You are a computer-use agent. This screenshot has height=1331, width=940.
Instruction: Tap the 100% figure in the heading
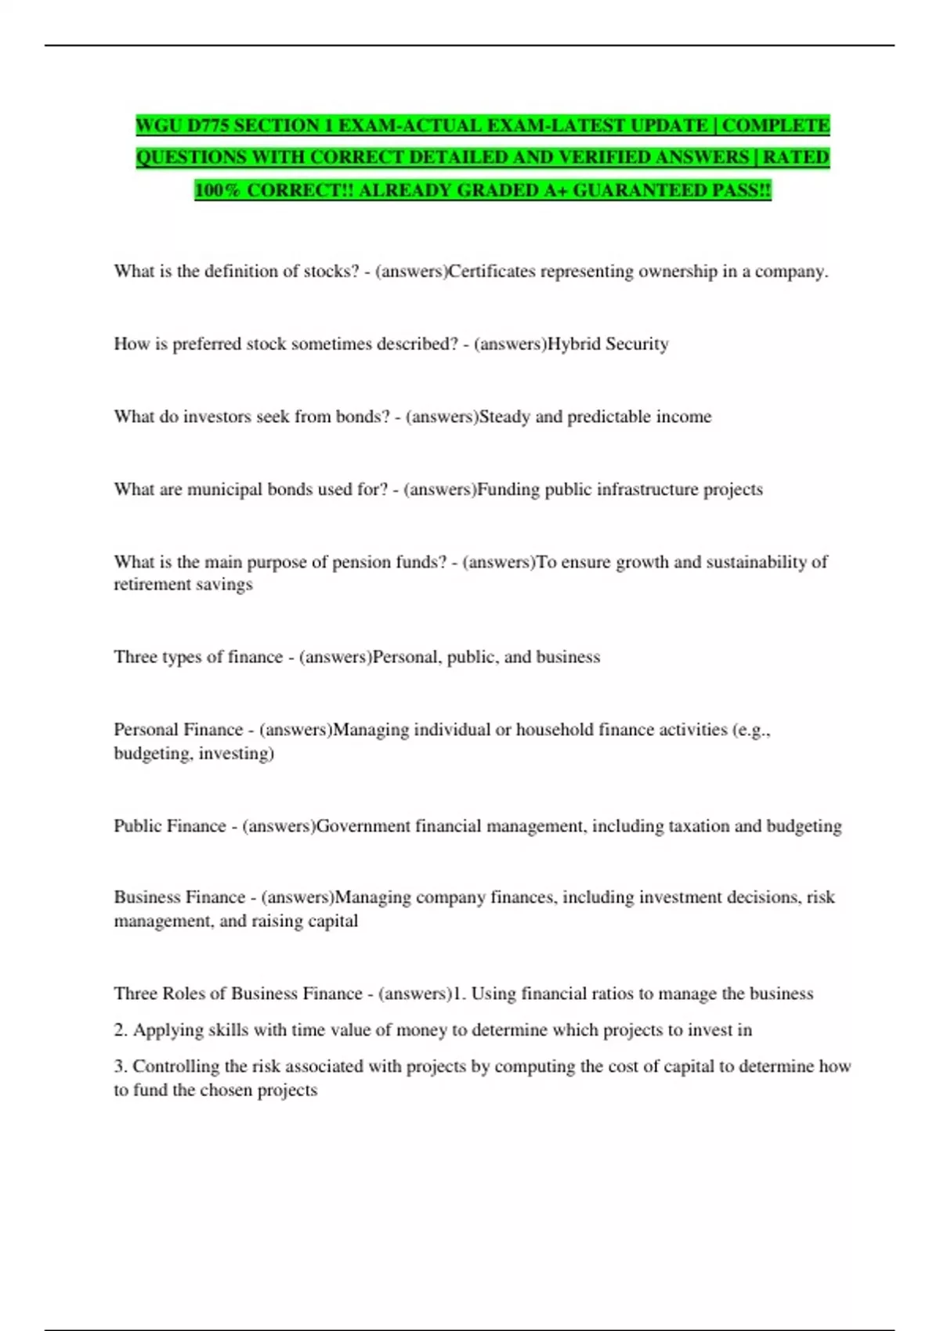(x=219, y=190)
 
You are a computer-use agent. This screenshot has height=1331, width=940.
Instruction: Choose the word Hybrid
(x=573, y=344)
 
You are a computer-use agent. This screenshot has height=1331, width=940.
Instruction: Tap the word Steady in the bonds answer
(x=504, y=417)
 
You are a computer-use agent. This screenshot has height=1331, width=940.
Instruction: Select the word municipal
(x=224, y=489)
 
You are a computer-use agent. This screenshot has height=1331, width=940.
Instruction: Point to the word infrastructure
(x=647, y=489)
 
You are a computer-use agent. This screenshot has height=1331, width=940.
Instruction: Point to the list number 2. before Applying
(x=121, y=1030)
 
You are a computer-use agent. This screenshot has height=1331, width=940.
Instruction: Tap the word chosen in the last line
(x=219, y=1090)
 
